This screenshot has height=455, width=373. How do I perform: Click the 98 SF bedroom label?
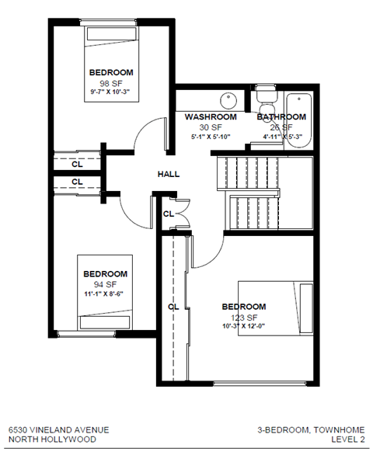pyautogui.click(x=110, y=72)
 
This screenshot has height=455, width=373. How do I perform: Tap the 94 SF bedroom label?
pyautogui.click(x=105, y=274)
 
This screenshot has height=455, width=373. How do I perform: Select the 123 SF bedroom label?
pyautogui.click(x=243, y=306)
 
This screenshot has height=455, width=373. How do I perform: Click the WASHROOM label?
pyautogui.click(x=206, y=117)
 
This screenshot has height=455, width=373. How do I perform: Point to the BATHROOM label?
pyautogui.click(x=281, y=117)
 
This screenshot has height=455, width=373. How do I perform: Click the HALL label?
pyautogui.click(x=169, y=174)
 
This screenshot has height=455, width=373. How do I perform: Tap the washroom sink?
pyautogui.click(x=228, y=102)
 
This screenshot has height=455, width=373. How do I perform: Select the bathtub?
pyautogui.click(x=298, y=118)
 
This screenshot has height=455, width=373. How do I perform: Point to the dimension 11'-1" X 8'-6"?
pyautogui.click(x=106, y=294)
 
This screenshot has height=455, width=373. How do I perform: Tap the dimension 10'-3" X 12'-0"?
pyautogui.click(x=244, y=326)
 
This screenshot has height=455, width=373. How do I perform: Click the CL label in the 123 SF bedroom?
pyautogui.click(x=173, y=306)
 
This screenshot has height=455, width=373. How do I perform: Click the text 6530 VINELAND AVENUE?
pyautogui.click(x=59, y=429)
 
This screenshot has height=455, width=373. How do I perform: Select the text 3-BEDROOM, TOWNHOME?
pyautogui.click(x=310, y=429)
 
